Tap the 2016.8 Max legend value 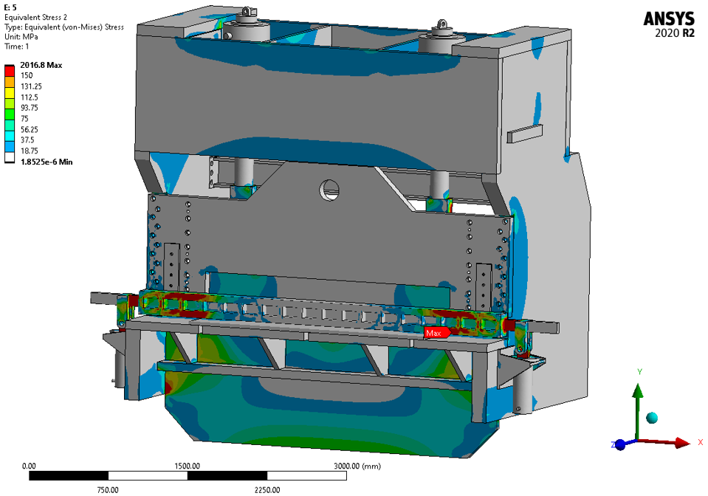tap(41, 65)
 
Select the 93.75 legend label tap(30, 108)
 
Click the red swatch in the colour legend tap(10, 70)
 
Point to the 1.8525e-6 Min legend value tap(47, 162)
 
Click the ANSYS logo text tap(669, 19)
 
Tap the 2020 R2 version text tap(675, 33)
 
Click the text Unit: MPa tap(21, 37)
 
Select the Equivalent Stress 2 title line tap(35, 17)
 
